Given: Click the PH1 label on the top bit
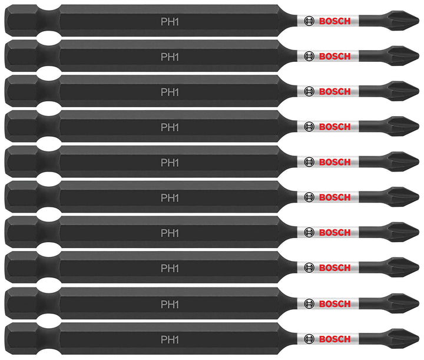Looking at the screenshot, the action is click(x=170, y=22).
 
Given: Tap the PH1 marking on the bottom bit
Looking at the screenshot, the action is click(x=170, y=339).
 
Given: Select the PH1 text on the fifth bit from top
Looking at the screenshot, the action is click(x=170, y=163).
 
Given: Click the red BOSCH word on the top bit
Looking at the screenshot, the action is click(x=334, y=21).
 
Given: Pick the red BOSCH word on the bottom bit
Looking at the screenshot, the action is click(x=334, y=339).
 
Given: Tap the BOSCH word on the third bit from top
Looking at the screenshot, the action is click(x=334, y=91).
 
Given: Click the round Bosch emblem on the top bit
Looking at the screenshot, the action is click(x=309, y=21).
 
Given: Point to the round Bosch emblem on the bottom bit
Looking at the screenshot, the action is click(x=309, y=339).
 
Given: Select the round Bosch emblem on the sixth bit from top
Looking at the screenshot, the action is click(x=309, y=197).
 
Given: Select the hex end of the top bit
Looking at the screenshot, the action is click(x=22, y=21).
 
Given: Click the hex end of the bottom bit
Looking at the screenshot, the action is click(x=22, y=339).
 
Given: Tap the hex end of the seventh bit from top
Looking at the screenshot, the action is click(x=22, y=232).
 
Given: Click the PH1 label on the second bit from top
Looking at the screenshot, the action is click(x=170, y=57).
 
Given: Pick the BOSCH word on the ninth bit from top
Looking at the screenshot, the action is click(x=334, y=304).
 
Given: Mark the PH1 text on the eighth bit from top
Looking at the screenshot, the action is click(x=170, y=268).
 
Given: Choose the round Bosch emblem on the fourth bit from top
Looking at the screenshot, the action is click(x=309, y=127).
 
